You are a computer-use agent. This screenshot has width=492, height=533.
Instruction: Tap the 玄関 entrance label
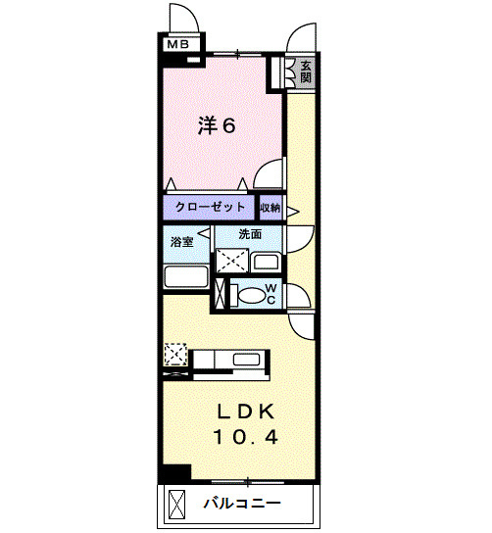coord(306,73)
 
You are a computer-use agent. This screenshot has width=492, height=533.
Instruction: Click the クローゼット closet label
coord(210,208)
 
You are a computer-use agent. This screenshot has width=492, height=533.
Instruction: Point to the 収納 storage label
coord(271,208)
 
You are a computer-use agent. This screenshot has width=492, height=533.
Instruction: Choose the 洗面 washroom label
coord(250,234)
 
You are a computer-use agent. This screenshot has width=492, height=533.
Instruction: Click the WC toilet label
coord(271,294)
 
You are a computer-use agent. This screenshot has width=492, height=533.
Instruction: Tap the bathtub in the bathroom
coord(185,277)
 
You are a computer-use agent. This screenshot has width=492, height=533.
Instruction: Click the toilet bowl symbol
coord(250,294)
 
